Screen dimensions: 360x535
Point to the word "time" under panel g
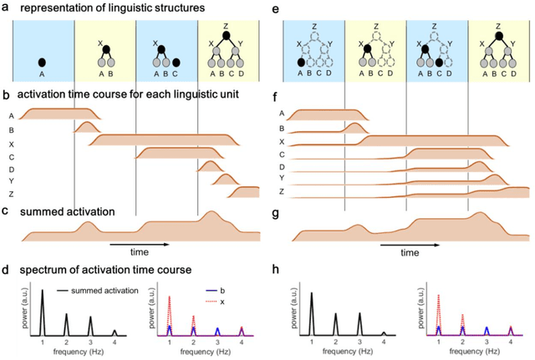(408, 251)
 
